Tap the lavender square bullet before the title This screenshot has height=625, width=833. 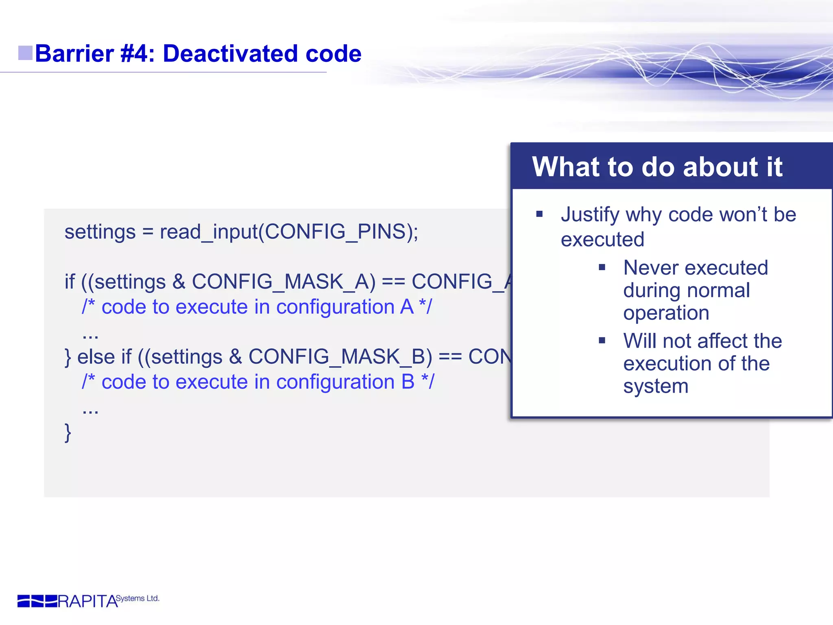point(25,53)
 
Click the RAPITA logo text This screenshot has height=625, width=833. point(87,601)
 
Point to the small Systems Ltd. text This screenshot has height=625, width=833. point(137,598)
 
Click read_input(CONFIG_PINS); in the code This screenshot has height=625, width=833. point(289,232)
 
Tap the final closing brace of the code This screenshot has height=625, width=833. point(68,432)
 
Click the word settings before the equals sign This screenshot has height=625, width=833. point(100,232)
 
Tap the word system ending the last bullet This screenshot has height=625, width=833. point(656,386)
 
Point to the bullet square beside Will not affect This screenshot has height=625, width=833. point(602,341)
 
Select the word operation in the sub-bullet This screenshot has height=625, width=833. point(666,313)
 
